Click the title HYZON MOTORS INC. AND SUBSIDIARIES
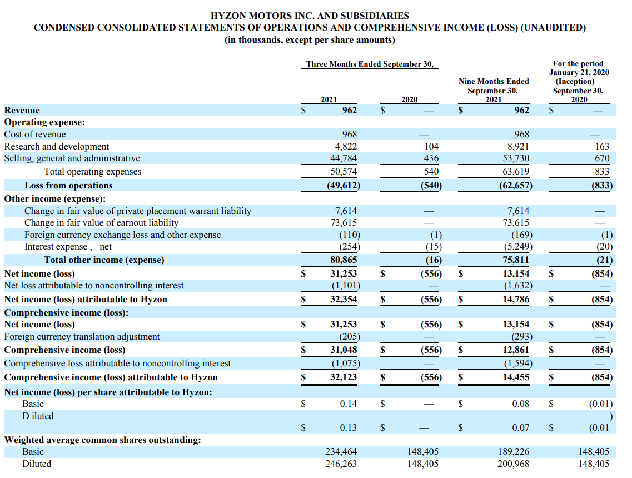pos(310,16)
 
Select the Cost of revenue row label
pos(35,135)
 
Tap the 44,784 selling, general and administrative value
pos(345,159)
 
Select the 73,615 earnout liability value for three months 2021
pos(345,223)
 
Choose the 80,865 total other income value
pos(344,260)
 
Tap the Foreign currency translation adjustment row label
pos(82,337)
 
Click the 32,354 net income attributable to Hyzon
pos(344,300)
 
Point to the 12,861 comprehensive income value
pos(516,350)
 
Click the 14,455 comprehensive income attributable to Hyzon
pos(516,377)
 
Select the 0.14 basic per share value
pos(349,404)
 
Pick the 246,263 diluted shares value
pos(341,464)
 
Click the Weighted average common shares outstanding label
pos(103,440)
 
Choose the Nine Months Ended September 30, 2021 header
pos(494,90)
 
